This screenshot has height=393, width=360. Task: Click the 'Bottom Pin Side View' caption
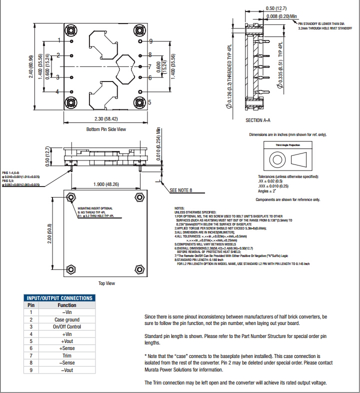click(x=106, y=129)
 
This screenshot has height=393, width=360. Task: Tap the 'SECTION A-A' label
click(x=258, y=120)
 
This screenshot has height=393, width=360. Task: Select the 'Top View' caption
click(x=106, y=283)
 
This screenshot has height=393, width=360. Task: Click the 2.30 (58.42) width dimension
click(x=106, y=118)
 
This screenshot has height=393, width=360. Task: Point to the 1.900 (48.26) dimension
click(x=106, y=184)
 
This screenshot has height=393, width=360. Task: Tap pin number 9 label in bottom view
click(x=150, y=41)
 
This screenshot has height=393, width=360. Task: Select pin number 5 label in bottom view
click(x=149, y=102)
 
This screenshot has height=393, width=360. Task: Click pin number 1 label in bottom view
click(x=59, y=40)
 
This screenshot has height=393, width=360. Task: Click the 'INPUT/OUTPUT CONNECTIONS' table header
click(x=59, y=298)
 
